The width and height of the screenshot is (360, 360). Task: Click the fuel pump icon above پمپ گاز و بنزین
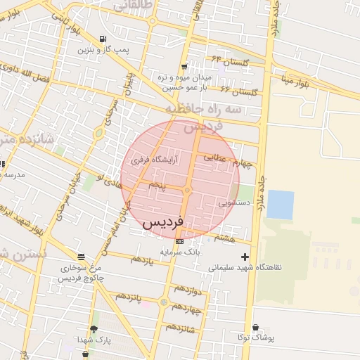pyautogui.click(x=103, y=39)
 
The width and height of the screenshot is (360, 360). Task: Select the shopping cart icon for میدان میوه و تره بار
pyautogui.click(x=184, y=66)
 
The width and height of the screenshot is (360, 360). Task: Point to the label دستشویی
pyautogui.click(x=234, y=202)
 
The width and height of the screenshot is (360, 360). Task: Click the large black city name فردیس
pyautogui.click(x=163, y=222)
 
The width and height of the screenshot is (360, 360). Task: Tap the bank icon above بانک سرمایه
pyautogui.click(x=181, y=241)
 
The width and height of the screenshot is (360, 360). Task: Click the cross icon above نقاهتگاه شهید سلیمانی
pyautogui.click(x=245, y=257)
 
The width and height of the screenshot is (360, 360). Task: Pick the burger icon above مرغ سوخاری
pyautogui.click(x=82, y=257)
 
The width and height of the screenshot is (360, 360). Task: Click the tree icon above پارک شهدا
pyautogui.click(x=94, y=329)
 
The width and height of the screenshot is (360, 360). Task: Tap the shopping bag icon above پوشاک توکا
pyautogui.click(x=255, y=328)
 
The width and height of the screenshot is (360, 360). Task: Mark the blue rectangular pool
pyautogui.click(x=281, y=205)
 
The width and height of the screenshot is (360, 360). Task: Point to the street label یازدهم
pyautogui.click(x=141, y=261)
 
